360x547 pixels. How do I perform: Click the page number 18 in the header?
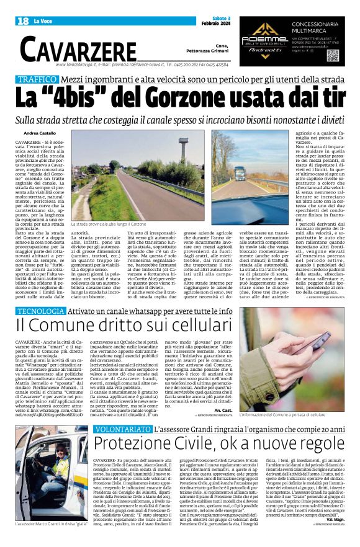[23, 22]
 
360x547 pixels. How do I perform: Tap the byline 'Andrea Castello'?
[40, 133]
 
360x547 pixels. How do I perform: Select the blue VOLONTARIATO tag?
[122, 429]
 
